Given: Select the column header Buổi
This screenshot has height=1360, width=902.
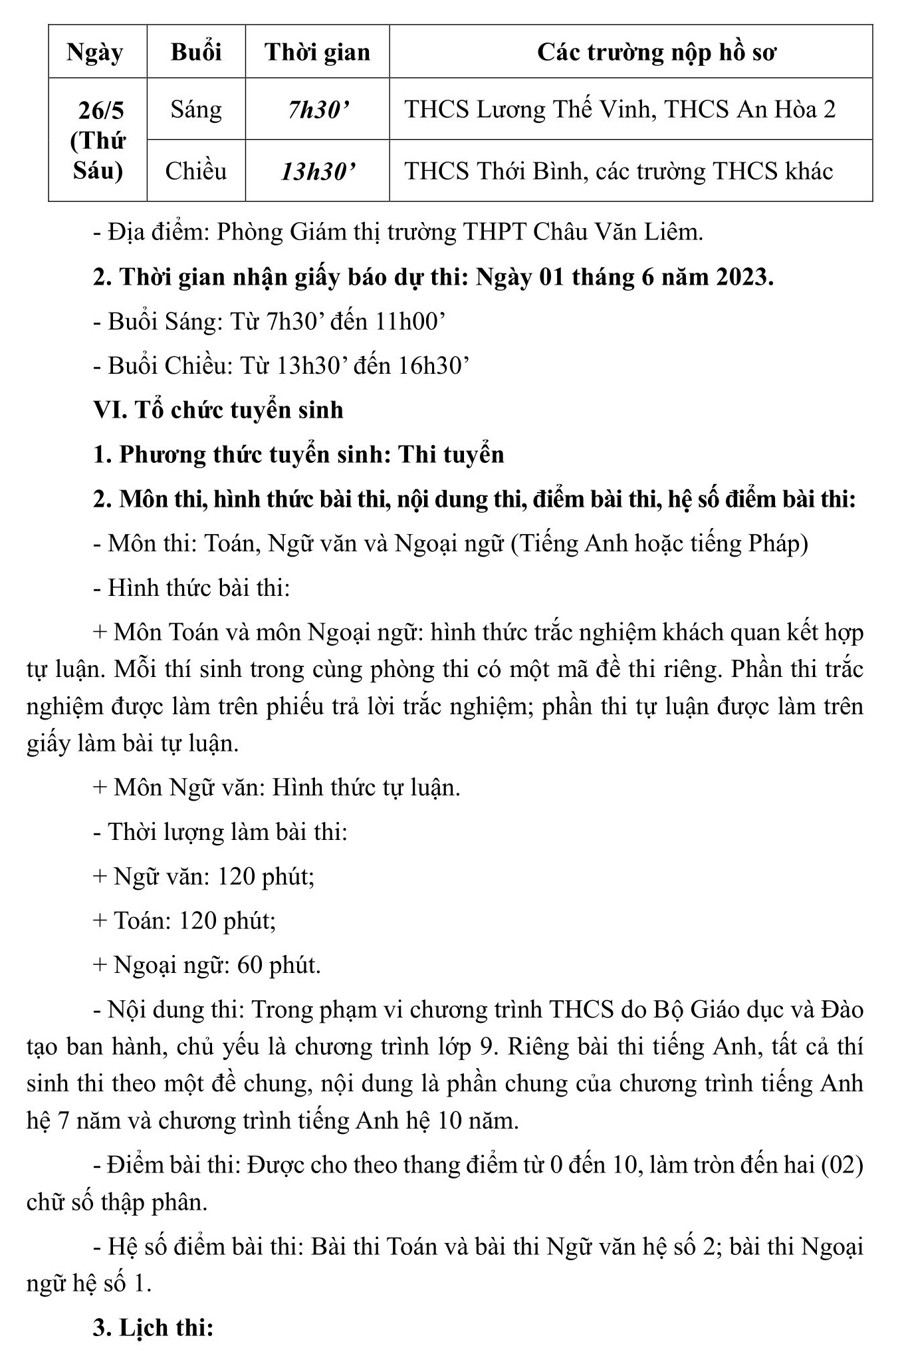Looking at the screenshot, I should click(196, 52).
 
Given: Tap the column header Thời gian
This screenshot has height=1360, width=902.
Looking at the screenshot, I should click(317, 52).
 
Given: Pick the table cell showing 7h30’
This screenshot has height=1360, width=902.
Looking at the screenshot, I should click(317, 109).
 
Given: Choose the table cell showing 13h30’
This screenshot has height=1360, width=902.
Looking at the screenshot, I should click(317, 172).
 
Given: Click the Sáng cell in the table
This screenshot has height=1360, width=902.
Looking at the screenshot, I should click(196, 109).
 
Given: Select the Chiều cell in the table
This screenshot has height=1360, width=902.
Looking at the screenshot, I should click(196, 172).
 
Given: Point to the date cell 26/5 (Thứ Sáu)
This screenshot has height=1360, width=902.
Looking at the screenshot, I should click(97, 140).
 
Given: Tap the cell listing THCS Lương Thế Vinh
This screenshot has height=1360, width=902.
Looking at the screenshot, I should click(620, 109).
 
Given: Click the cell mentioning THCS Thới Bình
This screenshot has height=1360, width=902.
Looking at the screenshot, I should click(618, 172).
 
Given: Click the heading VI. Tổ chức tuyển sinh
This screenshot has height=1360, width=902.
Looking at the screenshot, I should click(218, 410).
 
